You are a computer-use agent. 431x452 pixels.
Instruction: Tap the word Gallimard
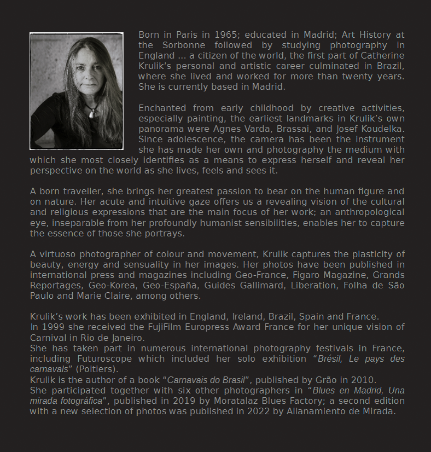[261, 286]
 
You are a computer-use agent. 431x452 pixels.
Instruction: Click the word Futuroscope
[100, 359]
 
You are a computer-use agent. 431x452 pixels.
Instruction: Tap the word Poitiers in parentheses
[96, 369]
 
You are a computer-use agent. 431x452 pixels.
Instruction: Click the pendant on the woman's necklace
[92, 113]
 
